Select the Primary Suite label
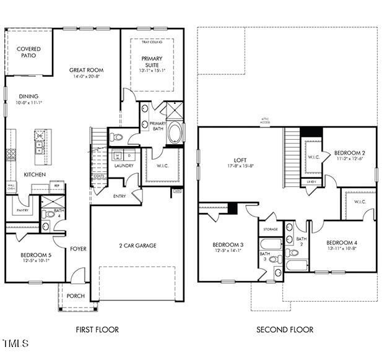coord(151,62)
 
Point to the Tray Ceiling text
coord(152,42)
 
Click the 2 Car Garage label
coord(137,246)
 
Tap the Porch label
coord(76,295)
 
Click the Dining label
coord(28,96)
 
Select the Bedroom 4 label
coord(342,242)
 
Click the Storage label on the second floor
coord(270,229)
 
